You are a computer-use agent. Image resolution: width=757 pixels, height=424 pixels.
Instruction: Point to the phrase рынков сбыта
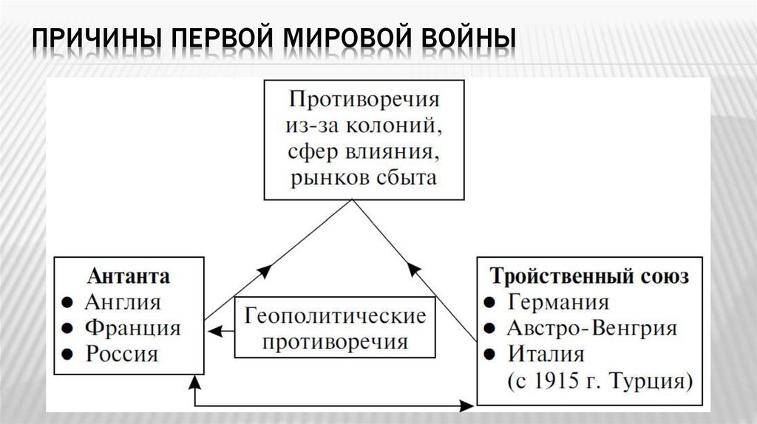363,177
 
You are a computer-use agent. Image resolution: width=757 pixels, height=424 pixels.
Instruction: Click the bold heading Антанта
129,276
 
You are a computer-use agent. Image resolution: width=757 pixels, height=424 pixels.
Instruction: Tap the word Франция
132,327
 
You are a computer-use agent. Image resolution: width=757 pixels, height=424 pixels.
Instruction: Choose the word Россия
122,353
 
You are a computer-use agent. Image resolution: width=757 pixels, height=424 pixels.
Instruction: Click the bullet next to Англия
67,303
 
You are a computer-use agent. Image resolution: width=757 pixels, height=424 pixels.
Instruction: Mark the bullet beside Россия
67,354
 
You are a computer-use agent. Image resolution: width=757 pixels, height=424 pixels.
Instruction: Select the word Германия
558,303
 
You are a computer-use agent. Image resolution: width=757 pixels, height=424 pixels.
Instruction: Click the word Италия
546,354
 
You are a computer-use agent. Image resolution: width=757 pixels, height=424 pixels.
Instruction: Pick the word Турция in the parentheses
651,381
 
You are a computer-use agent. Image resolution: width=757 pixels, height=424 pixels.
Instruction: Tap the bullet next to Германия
489,303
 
